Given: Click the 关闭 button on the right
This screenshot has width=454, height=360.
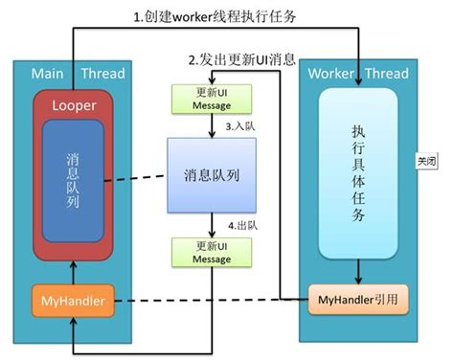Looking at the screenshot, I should click(427, 161).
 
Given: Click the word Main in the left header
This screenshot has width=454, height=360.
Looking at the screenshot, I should click(49, 74).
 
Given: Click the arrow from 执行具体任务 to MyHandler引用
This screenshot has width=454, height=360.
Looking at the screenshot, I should click(356, 272).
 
